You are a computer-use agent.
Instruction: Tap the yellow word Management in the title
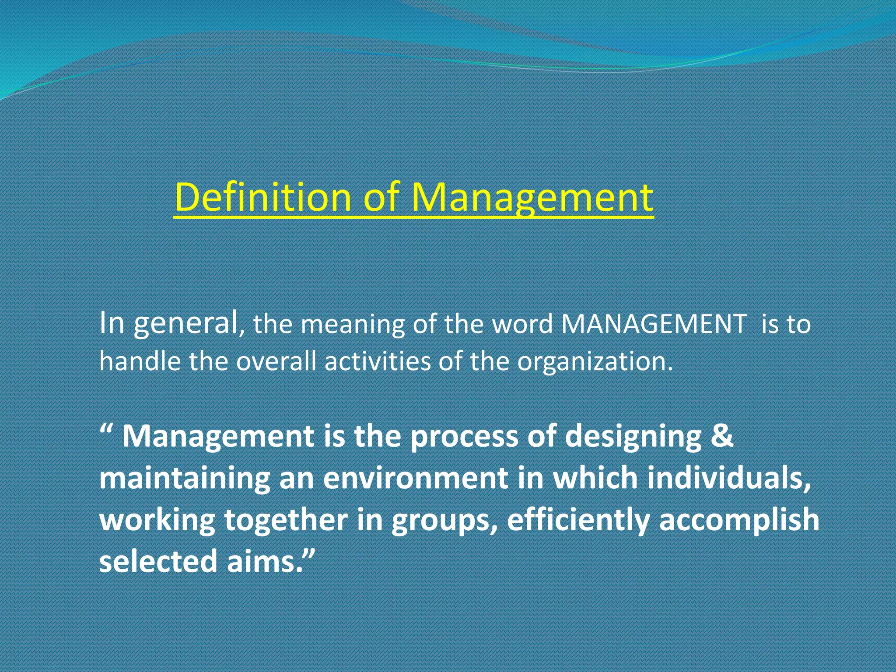532,198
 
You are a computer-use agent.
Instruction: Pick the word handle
140,362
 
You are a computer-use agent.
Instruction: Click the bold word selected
157,562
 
